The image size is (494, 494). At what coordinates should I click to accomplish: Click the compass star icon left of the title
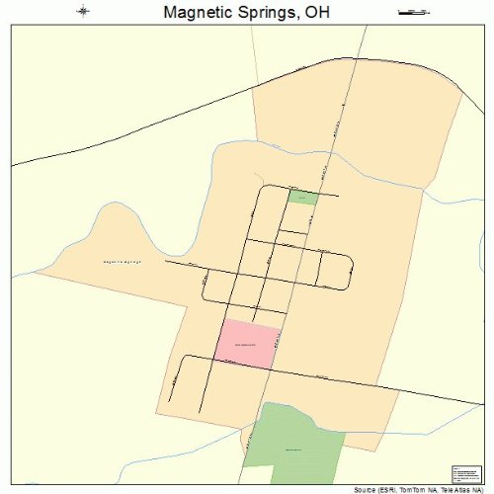pos(82,12)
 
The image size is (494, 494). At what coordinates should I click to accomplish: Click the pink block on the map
pos(248,344)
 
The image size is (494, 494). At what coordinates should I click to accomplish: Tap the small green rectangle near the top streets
pos(303,198)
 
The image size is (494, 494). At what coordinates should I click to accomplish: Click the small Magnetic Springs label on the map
pos(123,261)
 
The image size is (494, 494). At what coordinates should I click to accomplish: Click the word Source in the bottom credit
pos(367,489)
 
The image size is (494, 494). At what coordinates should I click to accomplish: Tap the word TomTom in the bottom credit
pos(412,489)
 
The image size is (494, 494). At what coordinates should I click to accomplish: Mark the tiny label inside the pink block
pos(247,343)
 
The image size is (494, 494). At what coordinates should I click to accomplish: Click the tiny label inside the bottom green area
pos(292,450)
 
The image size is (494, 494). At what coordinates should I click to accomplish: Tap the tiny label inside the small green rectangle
pos(304,198)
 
